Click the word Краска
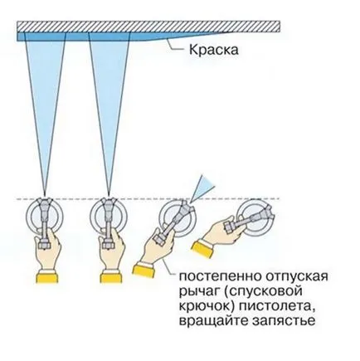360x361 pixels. point(214,51)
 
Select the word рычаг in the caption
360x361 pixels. point(198,292)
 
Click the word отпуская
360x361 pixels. point(295,277)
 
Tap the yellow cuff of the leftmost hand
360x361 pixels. point(47,278)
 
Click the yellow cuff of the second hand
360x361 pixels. point(111,278)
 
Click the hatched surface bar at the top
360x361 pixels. point(148,27)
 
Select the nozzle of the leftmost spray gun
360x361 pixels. point(45,201)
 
